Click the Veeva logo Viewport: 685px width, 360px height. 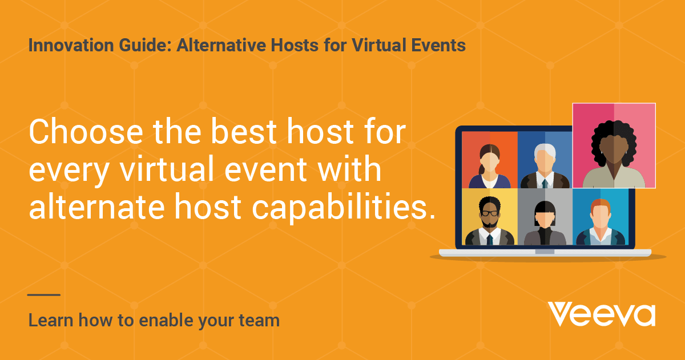[601, 314]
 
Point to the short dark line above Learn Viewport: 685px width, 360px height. [44, 295]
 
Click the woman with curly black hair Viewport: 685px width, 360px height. [614, 154]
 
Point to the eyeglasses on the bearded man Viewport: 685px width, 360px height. [489, 213]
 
